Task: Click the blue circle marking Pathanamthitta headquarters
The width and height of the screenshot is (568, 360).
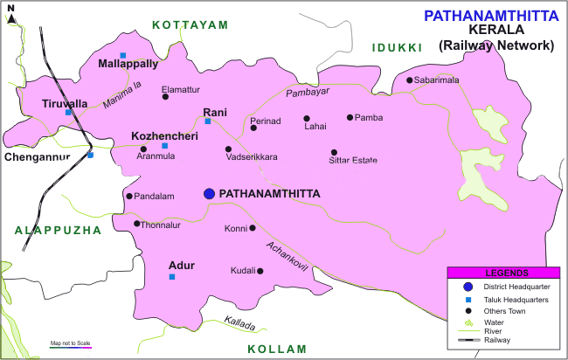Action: click(x=209, y=193)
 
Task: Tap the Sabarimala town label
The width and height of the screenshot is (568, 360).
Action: click(x=449, y=80)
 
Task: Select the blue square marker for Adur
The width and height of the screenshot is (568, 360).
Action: click(x=172, y=277)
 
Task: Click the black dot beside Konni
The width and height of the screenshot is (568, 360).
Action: click(x=253, y=228)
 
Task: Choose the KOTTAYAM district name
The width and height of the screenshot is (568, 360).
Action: click(x=190, y=25)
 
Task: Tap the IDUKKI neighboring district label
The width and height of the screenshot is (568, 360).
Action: click(x=397, y=47)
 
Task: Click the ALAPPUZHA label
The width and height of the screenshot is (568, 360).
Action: click(x=58, y=230)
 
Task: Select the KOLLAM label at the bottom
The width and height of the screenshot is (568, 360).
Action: click(x=277, y=349)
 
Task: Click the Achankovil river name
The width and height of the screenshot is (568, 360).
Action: click(x=287, y=254)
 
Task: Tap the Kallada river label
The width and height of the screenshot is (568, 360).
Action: click(x=240, y=324)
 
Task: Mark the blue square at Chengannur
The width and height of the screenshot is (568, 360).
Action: click(x=90, y=155)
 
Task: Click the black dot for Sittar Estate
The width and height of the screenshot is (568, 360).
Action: click(x=333, y=152)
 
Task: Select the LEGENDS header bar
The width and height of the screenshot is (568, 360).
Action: click(x=503, y=273)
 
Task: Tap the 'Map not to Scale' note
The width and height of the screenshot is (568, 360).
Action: click(x=71, y=343)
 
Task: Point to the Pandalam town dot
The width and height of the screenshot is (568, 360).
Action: click(x=129, y=196)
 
